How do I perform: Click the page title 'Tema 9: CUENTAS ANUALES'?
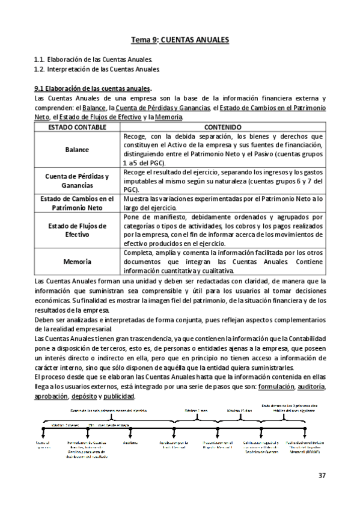180,40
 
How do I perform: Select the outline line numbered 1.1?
94,60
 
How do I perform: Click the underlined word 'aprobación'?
50,397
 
